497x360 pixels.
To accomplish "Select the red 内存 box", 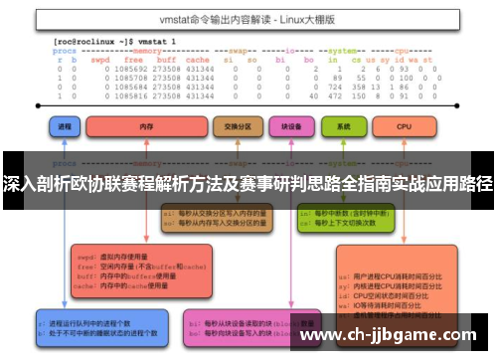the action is (x=144, y=128).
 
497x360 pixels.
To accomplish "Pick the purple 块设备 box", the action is (x=291, y=128).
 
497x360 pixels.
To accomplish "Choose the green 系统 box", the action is (x=345, y=128).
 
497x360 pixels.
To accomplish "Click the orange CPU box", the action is (x=405, y=128).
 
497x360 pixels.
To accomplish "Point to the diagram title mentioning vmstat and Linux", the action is (x=248, y=17).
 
